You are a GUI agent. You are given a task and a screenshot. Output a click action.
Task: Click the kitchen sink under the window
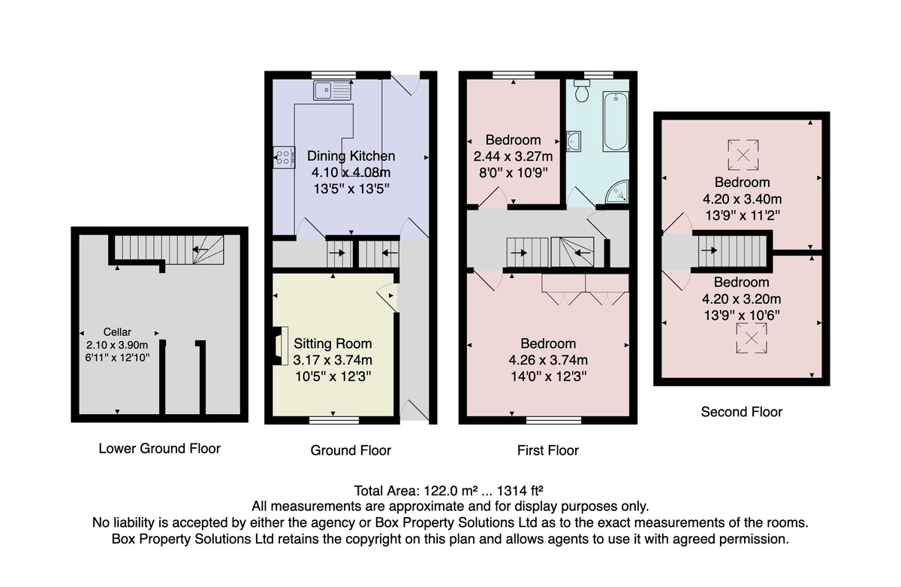[332, 90]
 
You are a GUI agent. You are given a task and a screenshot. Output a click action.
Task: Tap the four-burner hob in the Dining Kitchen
[284, 157]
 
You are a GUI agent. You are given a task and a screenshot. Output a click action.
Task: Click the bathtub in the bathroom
[616, 122]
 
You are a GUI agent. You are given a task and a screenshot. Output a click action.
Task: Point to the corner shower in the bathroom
[618, 192]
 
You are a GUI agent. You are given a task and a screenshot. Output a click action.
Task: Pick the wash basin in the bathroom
[574, 141]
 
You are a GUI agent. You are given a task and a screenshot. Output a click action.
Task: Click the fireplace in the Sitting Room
[281, 346]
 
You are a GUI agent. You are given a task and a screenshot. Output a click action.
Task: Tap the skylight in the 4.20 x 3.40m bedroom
[743, 155]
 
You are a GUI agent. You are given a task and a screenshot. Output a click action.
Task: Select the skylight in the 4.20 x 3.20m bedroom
[752, 338]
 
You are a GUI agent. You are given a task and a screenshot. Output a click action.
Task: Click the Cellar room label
[117, 331]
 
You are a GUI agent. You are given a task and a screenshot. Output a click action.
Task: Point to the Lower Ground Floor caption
[160, 449]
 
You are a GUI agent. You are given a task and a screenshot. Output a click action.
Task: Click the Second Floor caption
[741, 412]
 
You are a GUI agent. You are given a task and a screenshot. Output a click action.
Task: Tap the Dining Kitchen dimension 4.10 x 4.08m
[351, 172]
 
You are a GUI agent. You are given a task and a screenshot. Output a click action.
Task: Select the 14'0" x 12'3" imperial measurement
[548, 377]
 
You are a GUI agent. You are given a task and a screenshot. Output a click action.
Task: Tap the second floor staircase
[732, 251]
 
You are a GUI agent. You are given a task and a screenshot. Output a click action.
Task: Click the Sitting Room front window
[334, 420]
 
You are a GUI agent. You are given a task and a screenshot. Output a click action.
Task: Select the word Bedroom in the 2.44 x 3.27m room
[513, 140]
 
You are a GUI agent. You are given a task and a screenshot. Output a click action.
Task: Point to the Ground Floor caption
[351, 450]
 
